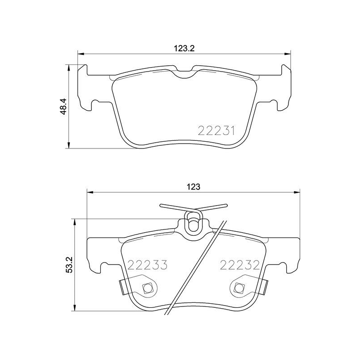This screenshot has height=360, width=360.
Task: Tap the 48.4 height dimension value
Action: point(63,107)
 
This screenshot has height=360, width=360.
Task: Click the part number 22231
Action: point(216,131)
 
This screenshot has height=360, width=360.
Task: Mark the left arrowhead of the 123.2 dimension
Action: point(81,54)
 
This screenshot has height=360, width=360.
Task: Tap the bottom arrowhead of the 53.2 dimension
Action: point(73,310)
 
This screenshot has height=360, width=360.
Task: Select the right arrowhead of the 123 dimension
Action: point(297,193)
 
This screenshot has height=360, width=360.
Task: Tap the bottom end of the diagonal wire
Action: point(167,316)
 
